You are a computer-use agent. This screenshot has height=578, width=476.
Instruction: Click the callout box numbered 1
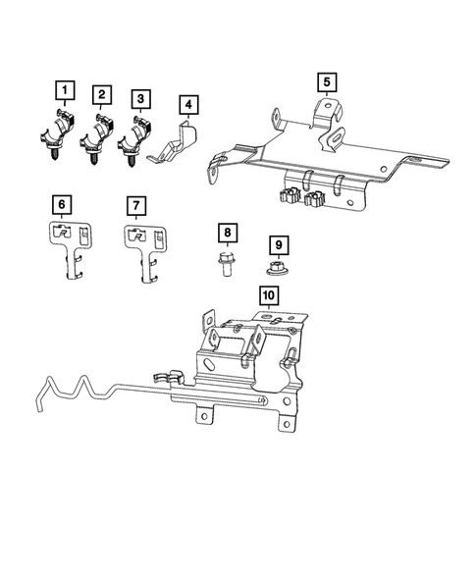coord(65,93)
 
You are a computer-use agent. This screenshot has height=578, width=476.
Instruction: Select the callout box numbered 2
coord(101,95)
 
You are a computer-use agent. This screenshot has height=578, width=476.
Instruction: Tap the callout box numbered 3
coord(141,99)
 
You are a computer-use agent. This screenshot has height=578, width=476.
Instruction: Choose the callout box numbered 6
coord(62,205)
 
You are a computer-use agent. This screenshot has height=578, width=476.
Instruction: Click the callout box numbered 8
coord(227,234)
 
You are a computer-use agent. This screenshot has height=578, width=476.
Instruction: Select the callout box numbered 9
coord(278,244)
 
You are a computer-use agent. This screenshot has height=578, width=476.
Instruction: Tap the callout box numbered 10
coord(268,294)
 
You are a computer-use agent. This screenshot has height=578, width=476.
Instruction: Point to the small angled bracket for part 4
coord(177,142)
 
